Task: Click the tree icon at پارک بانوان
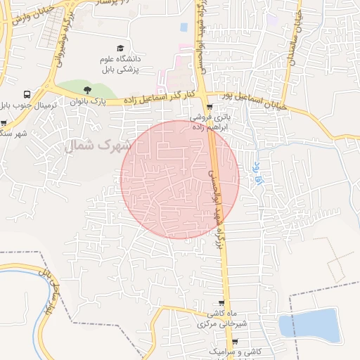click(87, 90)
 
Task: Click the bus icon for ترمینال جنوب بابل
click(27, 94)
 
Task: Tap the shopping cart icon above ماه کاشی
click(221, 303)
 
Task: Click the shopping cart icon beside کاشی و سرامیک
click(234, 342)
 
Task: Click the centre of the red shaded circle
click(180, 179)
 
